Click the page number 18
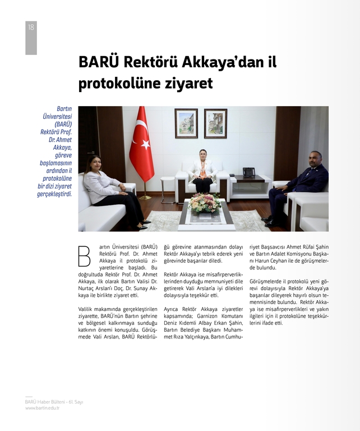[30, 27]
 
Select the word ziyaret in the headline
[190, 84]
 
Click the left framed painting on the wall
[186, 123]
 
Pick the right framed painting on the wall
[215, 123]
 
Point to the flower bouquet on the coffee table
[204, 203]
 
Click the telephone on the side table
[248, 172]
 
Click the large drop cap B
[84, 256]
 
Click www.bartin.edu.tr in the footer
[42, 408]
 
